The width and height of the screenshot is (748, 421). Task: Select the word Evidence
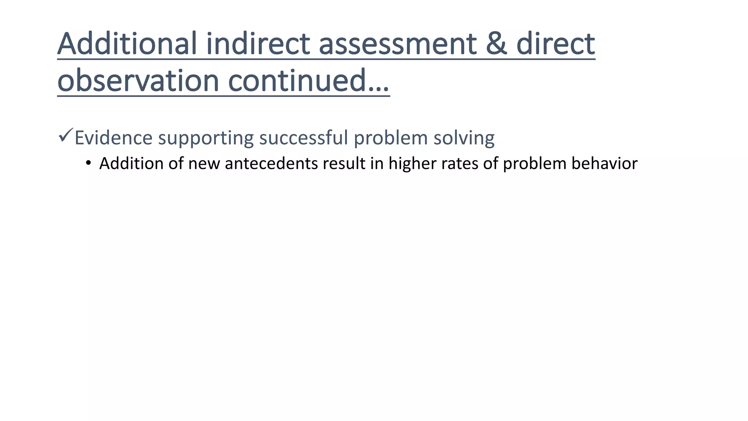point(113,138)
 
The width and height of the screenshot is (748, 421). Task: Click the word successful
point(304,138)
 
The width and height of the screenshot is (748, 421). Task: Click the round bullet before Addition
point(88,163)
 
